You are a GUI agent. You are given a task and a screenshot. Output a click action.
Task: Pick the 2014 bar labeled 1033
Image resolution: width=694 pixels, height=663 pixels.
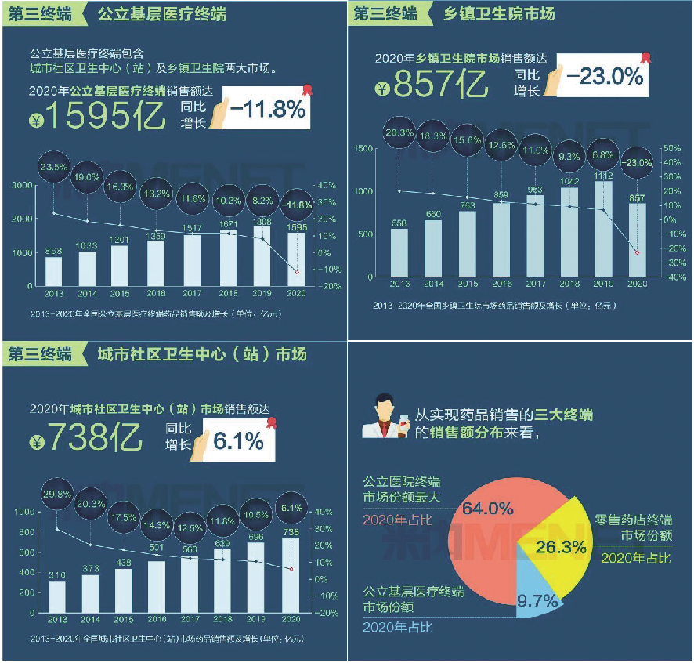[x=87, y=268]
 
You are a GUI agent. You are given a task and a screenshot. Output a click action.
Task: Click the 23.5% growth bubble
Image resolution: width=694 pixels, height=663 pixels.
[x=53, y=166]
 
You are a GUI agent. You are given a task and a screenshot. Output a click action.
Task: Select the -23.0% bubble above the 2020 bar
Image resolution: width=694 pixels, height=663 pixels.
[x=637, y=163]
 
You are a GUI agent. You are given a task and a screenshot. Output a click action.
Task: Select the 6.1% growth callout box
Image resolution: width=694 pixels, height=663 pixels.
[x=238, y=441]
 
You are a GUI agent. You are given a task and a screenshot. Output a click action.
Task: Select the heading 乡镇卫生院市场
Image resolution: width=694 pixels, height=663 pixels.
[x=500, y=13]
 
